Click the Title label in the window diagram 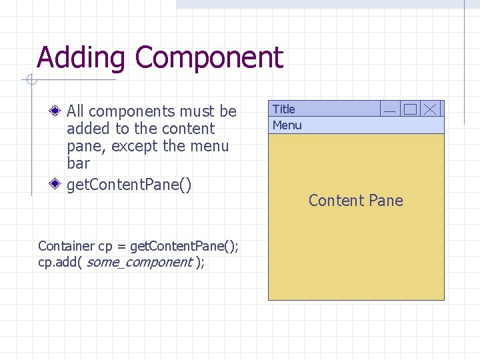(283, 109)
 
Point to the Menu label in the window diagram (287, 125)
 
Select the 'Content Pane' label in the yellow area (355, 201)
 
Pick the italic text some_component (139, 262)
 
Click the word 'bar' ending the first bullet (78, 163)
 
